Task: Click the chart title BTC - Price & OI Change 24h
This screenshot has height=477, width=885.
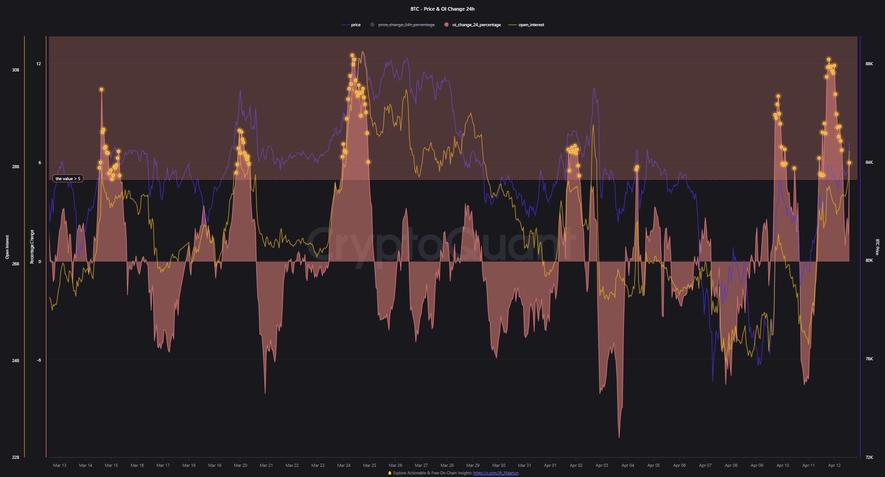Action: [x=442, y=9]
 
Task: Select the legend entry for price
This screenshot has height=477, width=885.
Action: [x=355, y=25]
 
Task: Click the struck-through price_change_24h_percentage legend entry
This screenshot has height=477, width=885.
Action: [x=406, y=25]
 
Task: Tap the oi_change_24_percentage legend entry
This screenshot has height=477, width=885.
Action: [x=476, y=25]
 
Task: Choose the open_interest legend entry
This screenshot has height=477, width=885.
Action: [x=531, y=25]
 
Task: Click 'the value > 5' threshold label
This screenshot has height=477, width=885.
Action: [x=67, y=179]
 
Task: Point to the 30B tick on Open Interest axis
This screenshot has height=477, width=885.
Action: [x=16, y=70]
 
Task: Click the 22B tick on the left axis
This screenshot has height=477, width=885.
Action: [x=16, y=457]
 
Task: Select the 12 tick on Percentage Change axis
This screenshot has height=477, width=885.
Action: [x=39, y=64]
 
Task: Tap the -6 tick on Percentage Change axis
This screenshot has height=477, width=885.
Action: [x=39, y=360]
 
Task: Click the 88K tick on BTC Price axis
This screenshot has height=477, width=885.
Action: [x=869, y=64]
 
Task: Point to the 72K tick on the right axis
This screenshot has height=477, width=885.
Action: [x=869, y=457]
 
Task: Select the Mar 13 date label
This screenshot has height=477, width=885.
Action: [x=60, y=465]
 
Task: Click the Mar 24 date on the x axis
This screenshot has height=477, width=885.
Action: [x=344, y=465]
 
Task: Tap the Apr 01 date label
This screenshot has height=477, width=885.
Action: [x=550, y=465]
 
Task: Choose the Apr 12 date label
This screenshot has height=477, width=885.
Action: [x=834, y=465]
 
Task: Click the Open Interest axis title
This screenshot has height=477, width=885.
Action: [x=7, y=247]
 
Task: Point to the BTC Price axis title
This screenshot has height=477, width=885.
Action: [x=877, y=247]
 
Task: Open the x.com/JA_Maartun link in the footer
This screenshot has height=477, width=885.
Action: [x=496, y=473]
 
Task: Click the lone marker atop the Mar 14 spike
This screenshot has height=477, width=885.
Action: [x=101, y=90]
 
